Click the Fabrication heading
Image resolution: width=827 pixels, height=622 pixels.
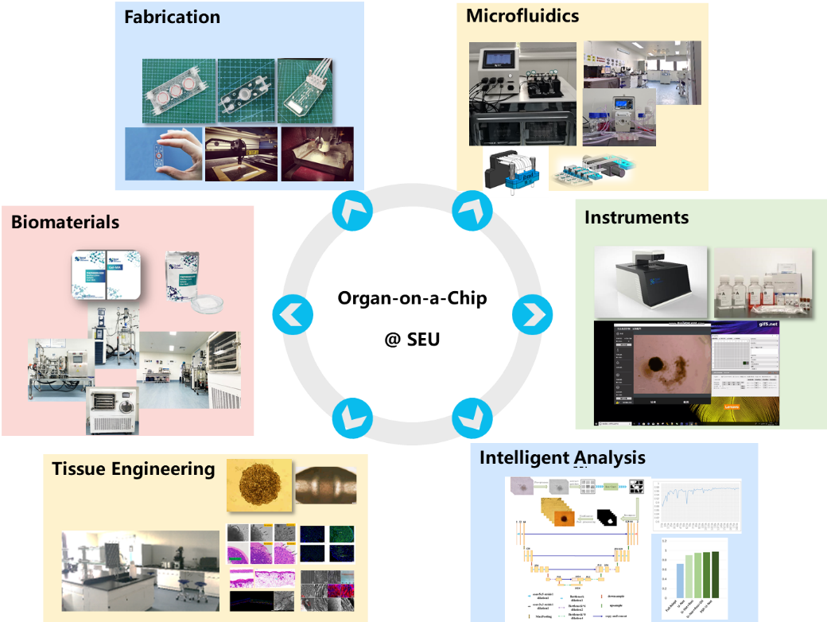point(172,17)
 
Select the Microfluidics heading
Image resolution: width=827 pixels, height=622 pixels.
point(522,15)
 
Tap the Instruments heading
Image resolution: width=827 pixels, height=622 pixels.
point(636,217)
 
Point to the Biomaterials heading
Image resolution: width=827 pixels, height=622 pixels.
point(65,222)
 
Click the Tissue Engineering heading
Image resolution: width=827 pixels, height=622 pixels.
point(133,468)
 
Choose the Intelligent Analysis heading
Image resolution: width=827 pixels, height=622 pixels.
point(562,457)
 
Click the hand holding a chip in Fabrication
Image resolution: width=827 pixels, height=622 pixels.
point(163,154)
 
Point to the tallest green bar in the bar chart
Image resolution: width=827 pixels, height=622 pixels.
point(715,573)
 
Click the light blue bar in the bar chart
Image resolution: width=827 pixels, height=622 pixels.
point(679,580)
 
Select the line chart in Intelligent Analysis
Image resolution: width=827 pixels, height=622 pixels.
point(697,504)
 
